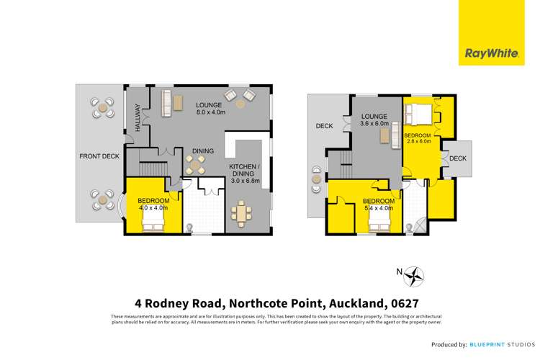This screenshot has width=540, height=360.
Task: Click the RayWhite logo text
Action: (483, 53)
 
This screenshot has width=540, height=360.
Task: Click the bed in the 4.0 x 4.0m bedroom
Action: (153, 225)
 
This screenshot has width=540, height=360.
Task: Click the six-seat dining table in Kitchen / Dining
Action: (243, 212)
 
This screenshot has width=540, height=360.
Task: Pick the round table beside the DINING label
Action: (196, 164)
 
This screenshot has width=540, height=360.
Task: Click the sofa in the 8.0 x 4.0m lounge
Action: (165, 103)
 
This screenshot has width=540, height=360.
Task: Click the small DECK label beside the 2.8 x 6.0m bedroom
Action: (458, 158)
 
